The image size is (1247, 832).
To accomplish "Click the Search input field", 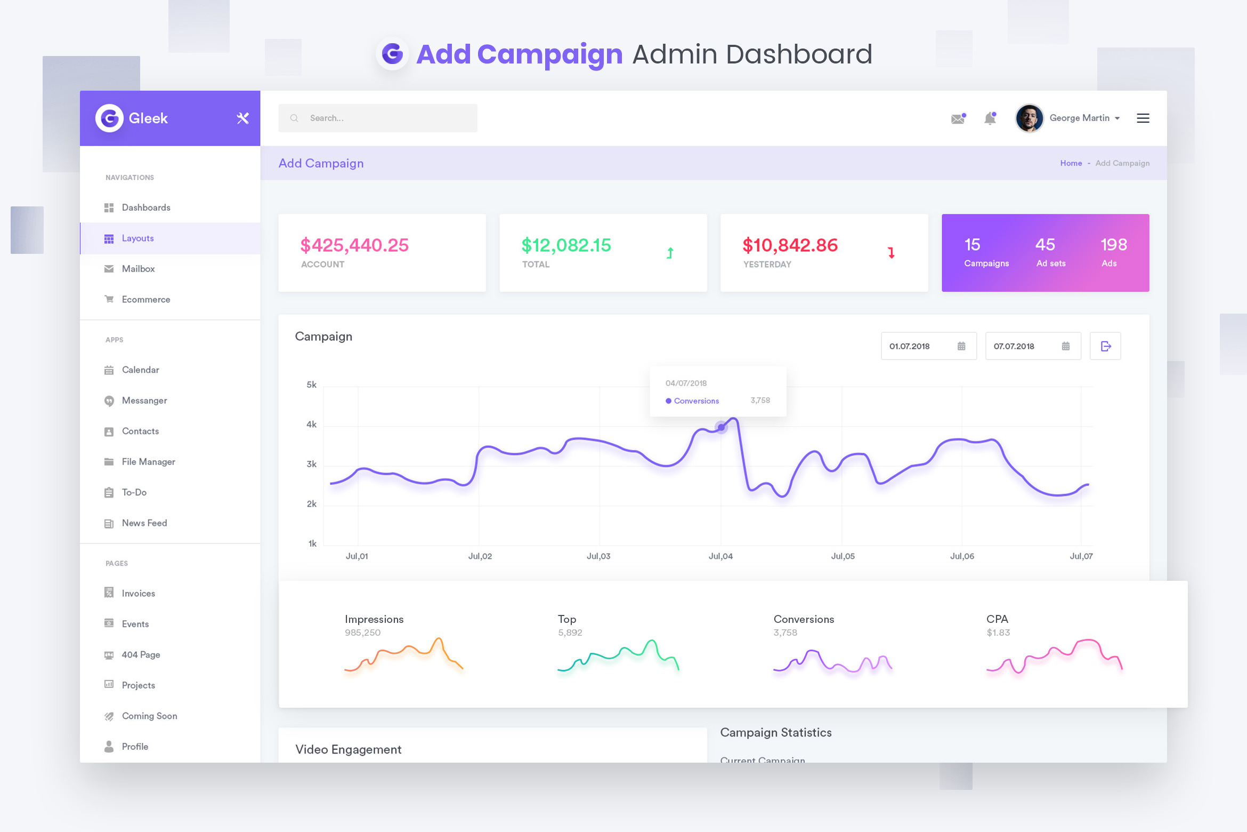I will (377, 118).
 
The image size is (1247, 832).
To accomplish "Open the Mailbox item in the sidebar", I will (138, 269).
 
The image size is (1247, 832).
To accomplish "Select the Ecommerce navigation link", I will (145, 300).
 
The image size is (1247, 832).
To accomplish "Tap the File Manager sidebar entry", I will (148, 462).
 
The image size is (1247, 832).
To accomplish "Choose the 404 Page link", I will (141, 655).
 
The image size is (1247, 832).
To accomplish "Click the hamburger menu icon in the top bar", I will (1143, 118).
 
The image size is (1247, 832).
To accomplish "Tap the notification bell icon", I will (990, 118).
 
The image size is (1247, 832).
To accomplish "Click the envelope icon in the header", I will (958, 118).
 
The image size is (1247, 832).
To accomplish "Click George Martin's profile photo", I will (1029, 118).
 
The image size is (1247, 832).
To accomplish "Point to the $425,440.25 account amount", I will (354, 245).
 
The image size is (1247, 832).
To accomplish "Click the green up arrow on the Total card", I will (670, 253).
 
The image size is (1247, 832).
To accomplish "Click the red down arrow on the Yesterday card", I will (891, 253).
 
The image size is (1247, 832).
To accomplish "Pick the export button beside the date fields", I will (1105, 346).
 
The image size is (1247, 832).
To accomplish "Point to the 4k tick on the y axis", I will (311, 425).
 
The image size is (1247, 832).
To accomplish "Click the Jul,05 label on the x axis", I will (843, 556).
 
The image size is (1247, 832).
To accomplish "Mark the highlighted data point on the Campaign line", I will (721, 427).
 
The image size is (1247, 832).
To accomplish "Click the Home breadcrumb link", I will (1071, 163).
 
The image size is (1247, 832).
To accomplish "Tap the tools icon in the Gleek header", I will (243, 118).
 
